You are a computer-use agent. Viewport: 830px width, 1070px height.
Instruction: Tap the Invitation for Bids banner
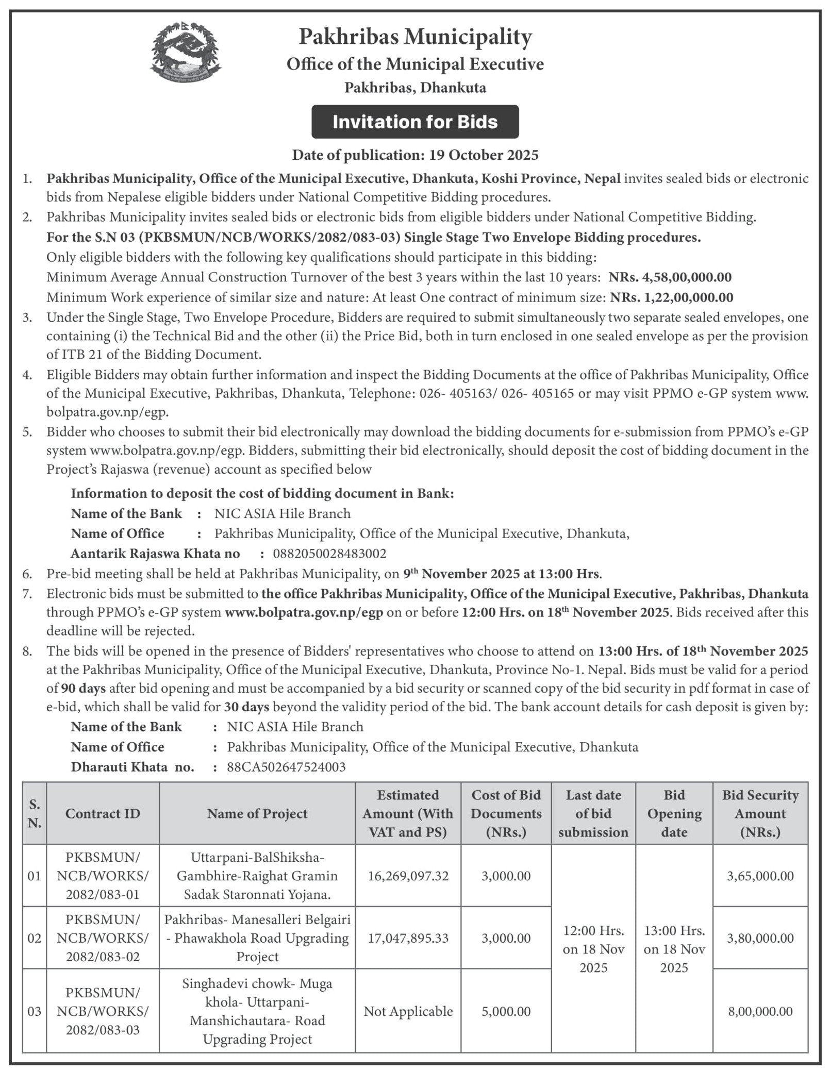pyautogui.click(x=415, y=122)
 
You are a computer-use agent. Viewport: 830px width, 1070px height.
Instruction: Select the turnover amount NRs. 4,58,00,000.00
pyautogui.click(x=670, y=277)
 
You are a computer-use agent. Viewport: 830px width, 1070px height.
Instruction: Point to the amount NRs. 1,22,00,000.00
pyautogui.click(x=671, y=297)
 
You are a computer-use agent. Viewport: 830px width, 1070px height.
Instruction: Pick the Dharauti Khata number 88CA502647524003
pyautogui.click(x=286, y=767)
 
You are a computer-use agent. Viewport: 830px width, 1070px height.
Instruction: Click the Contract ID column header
pyautogui.click(x=103, y=813)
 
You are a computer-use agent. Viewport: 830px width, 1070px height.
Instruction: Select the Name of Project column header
pyautogui.click(x=257, y=813)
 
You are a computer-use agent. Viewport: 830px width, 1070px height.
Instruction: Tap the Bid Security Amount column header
pyautogui.click(x=760, y=813)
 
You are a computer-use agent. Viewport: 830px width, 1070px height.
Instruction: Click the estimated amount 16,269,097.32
pyautogui.click(x=408, y=876)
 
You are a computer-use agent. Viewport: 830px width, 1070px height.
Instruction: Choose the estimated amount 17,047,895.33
pyautogui.click(x=408, y=938)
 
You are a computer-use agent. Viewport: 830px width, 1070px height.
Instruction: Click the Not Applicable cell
pyautogui.click(x=408, y=1011)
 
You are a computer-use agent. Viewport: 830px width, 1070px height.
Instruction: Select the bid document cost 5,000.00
pyautogui.click(x=506, y=1011)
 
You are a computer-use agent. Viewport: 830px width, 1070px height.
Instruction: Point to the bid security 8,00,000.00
pyautogui.click(x=760, y=1011)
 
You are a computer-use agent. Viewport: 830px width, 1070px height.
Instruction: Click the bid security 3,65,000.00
pyautogui.click(x=760, y=876)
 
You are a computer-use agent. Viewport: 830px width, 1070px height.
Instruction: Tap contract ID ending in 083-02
pyautogui.click(x=103, y=938)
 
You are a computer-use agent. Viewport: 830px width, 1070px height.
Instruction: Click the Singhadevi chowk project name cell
pyautogui.click(x=257, y=1011)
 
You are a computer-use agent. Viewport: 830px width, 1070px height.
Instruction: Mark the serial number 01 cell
pyautogui.click(x=34, y=876)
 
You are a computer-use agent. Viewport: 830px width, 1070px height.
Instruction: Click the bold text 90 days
pyautogui.click(x=84, y=689)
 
